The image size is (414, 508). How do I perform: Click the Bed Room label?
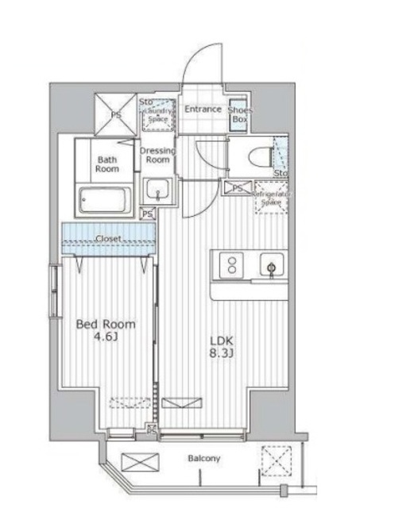(x=105, y=325)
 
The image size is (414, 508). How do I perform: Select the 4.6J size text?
(x=106, y=339)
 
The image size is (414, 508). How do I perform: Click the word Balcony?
(x=204, y=459)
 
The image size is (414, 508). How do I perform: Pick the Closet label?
(x=108, y=238)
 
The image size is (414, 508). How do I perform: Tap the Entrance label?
(x=203, y=110)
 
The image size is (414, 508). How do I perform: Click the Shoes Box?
(x=238, y=114)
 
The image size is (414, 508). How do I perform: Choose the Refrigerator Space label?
(x=270, y=198)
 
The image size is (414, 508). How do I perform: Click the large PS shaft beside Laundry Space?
(x=116, y=114)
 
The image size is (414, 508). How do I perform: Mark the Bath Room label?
(x=107, y=164)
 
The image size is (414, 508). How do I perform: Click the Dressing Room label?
(x=156, y=155)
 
